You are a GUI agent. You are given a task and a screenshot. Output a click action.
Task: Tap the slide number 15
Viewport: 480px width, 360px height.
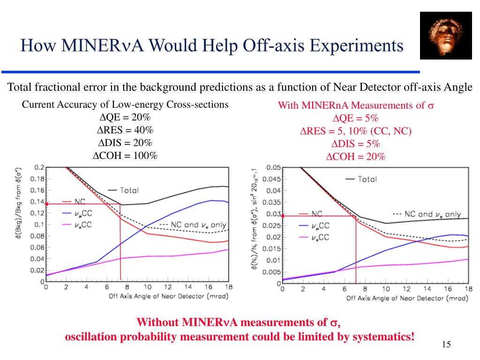pyautogui.click(x=446, y=345)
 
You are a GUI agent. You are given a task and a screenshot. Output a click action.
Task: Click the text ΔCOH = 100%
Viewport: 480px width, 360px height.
pyautogui.click(x=125, y=156)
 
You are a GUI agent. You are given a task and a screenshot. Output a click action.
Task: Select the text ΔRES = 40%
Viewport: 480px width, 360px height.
pyautogui.click(x=125, y=130)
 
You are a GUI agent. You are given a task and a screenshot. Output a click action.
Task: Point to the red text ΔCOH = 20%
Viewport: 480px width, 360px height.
pyautogui.click(x=356, y=157)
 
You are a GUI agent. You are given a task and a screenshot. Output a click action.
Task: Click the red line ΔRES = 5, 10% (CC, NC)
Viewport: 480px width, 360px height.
pyautogui.click(x=356, y=131)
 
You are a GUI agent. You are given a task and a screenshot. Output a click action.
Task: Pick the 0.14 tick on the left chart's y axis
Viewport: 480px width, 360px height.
pyautogui.click(x=37, y=202)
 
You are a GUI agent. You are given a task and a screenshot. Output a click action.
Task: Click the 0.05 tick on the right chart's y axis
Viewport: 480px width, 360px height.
pyautogui.click(x=274, y=167)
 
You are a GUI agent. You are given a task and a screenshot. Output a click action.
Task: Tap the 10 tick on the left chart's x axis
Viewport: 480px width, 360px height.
pyautogui.click(x=147, y=287)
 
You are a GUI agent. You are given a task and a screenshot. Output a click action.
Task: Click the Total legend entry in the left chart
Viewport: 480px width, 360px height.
pyautogui.click(x=124, y=190)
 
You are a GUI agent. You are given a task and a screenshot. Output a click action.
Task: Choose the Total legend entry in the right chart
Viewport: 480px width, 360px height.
pyautogui.click(x=361, y=179)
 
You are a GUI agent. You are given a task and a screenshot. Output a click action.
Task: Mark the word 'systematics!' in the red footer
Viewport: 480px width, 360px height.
pyautogui.click(x=384, y=337)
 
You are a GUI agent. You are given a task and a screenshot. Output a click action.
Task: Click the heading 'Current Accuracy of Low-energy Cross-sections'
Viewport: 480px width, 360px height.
pyautogui.click(x=125, y=104)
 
